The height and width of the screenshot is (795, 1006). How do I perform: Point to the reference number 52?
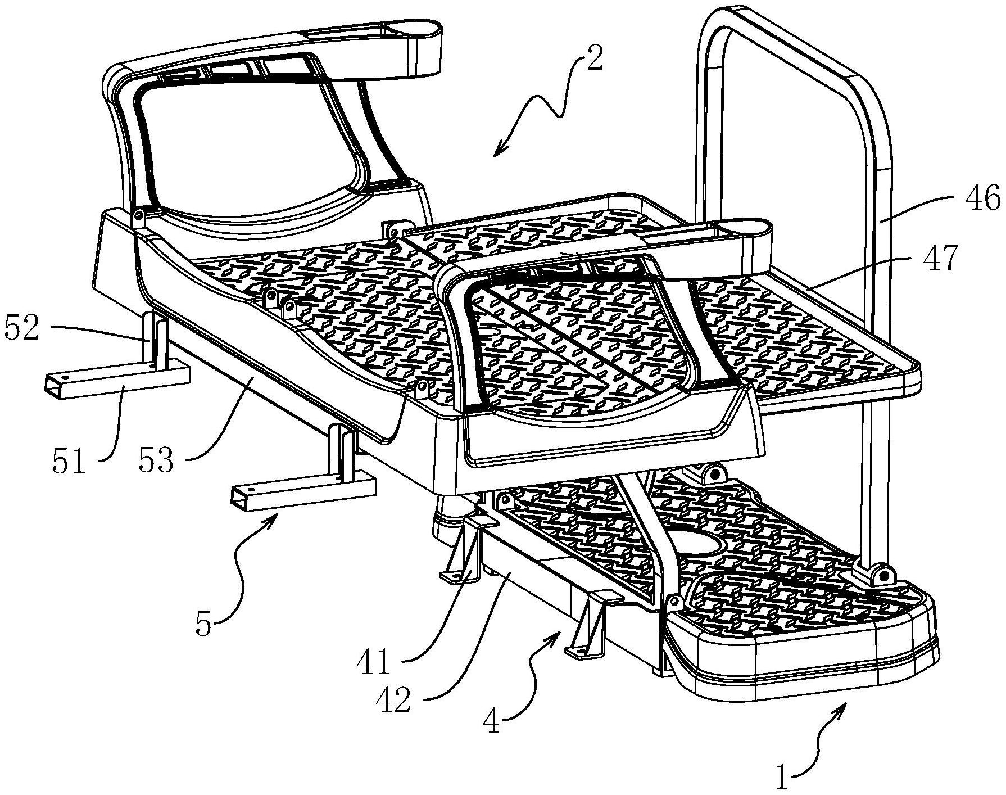(22, 328)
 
